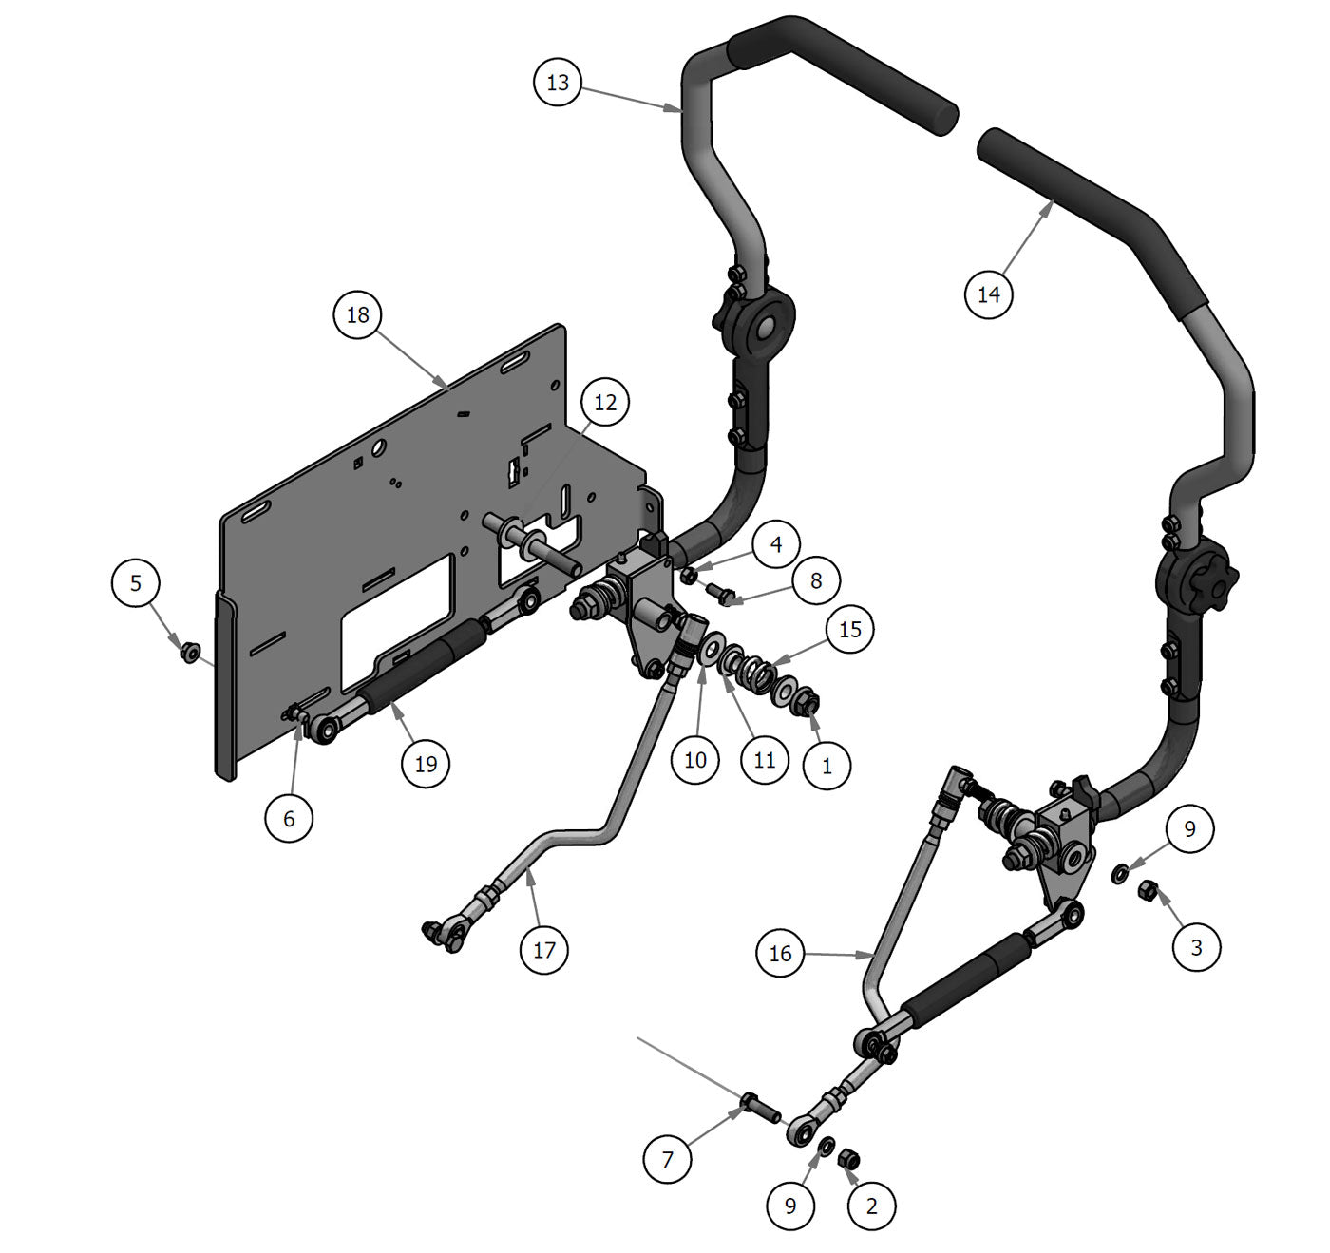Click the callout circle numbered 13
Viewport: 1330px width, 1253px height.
558,83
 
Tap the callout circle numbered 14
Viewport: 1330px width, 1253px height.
989,294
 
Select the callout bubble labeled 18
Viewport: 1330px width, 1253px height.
358,314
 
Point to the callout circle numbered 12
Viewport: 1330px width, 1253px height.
605,403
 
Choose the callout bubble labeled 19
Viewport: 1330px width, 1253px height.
426,763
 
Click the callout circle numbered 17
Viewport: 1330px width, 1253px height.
544,949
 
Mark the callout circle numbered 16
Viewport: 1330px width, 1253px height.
780,953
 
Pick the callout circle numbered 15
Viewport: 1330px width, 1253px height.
850,629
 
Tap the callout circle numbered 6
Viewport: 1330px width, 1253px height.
290,818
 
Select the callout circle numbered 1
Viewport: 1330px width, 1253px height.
826,766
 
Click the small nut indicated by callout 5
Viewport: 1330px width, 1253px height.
189,652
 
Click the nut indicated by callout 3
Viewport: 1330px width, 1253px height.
1147,890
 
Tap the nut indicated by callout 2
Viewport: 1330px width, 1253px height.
849,1159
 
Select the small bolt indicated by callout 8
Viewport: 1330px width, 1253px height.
721,594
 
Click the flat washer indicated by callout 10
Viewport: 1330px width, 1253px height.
709,652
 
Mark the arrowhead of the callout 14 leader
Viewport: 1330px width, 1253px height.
1053,203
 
